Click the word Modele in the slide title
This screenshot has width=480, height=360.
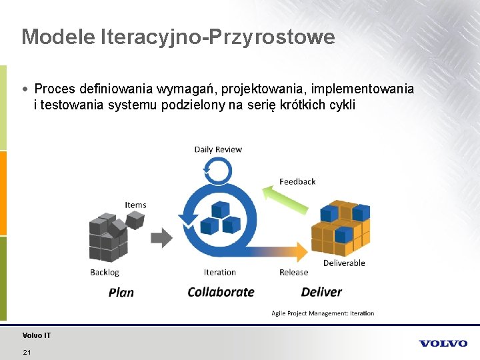(58, 37)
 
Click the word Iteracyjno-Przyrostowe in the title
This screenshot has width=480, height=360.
(217, 37)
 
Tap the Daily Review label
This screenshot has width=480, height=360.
(218, 149)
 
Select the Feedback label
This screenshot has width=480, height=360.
(297, 181)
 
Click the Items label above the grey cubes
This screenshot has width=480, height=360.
(135, 205)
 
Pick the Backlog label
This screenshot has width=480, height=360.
(105, 272)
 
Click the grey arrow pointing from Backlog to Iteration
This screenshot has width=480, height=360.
(161, 237)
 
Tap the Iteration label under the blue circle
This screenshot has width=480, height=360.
(220, 272)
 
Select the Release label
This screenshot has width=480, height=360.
(293, 272)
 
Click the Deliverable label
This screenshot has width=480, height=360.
(344, 263)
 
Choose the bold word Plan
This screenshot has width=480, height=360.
(121, 292)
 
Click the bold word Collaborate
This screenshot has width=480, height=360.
(221, 292)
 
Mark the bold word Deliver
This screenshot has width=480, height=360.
(321, 292)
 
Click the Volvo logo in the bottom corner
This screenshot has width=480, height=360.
(443, 343)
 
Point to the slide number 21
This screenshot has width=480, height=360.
(27, 352)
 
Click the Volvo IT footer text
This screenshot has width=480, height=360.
(36, 335)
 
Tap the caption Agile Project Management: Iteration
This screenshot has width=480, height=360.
(323, 313)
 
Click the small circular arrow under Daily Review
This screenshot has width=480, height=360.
(217, 169)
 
